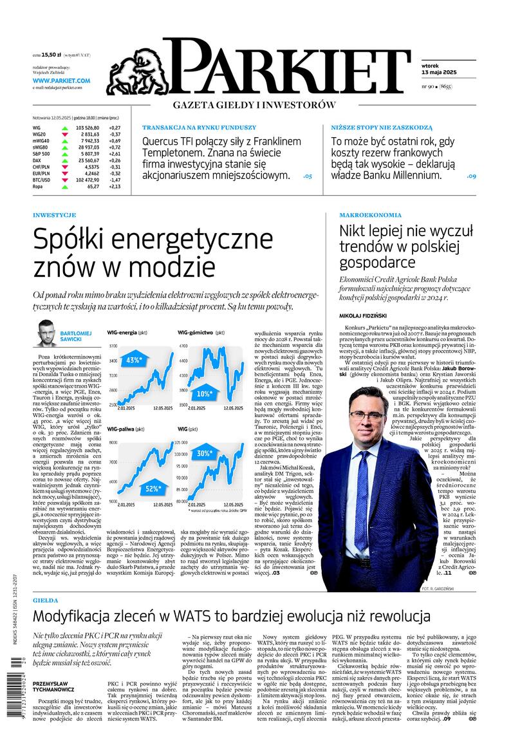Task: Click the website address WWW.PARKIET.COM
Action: tap(62, 80)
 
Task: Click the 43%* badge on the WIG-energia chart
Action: tap(135, 360)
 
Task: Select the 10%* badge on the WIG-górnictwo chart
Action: tap(204, 393)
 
